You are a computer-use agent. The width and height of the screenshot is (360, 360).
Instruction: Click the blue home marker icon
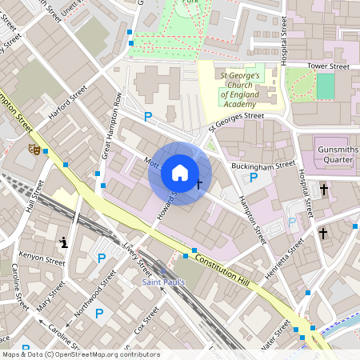[180, 173]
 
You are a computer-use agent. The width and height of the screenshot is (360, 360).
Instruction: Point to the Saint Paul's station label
[164, 282]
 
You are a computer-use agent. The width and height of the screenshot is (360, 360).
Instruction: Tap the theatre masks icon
[34, 148]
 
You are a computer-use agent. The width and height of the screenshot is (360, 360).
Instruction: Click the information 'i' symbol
[64, 242]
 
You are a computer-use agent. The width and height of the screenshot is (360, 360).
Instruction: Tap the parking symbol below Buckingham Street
[254, 178]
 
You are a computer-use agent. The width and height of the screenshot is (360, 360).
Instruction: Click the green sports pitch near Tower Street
[325, 86]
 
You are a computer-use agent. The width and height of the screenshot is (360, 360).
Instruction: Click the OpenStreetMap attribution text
[81, 354]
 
